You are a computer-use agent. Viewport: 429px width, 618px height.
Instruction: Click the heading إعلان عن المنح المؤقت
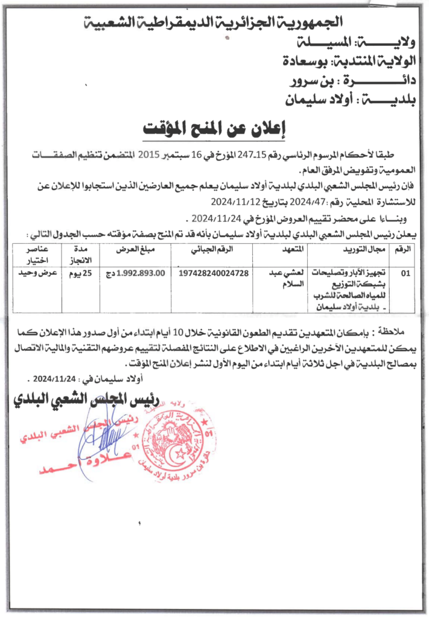pos(217,129)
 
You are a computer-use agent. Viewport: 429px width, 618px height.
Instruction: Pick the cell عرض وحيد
pos(40,273)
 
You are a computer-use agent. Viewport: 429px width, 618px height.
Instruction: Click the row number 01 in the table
pos(405,273)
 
